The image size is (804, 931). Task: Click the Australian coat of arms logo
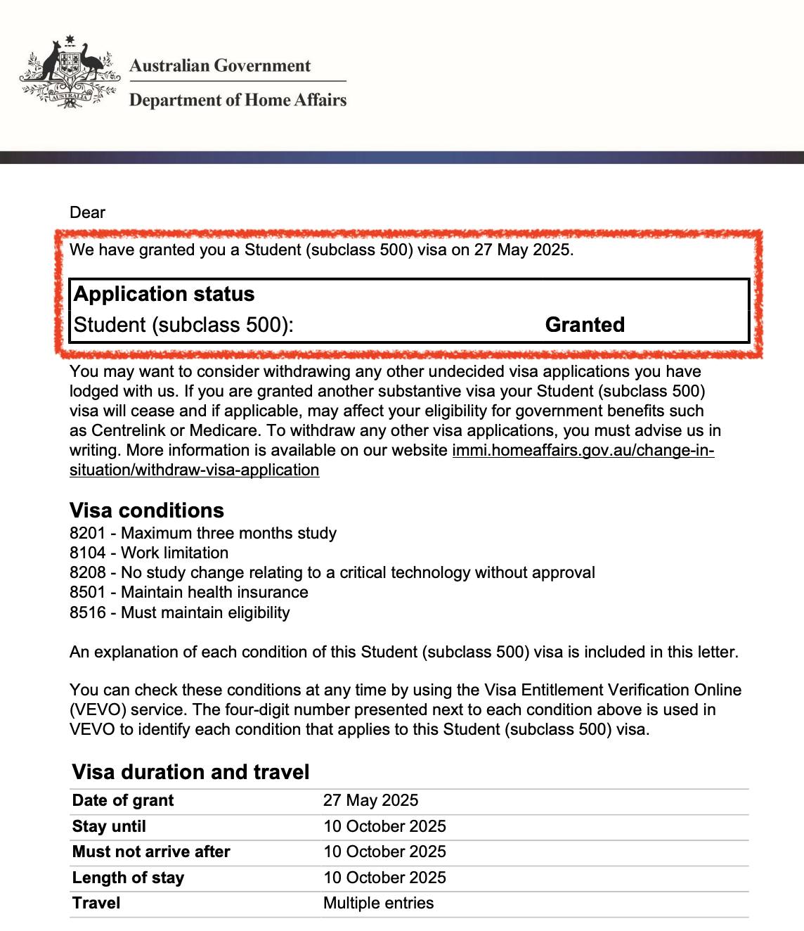click(x=68, y=72)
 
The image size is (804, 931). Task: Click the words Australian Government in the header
click(x=219, y=66)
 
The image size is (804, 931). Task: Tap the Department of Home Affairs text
click(x=238, y=100)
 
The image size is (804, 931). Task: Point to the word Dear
click(x=87, y=212)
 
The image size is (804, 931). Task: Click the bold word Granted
click(x=585, y=325)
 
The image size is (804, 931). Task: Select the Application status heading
click(x=164, y=294)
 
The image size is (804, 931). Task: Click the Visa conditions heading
click(x=146, y=511)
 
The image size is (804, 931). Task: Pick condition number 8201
click(x=87, y=533)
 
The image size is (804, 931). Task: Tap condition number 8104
click(x=87, y=553)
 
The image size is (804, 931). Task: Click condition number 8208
click(x=87, y=572)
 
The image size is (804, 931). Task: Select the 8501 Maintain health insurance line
click(x=188, y=592)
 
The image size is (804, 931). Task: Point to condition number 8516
click(x=87, y=612)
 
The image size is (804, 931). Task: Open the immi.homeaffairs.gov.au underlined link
click(x=583, y=450)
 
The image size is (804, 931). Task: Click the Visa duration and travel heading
click(x=190, y=772)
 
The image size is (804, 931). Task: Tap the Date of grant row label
click(x=123, y=800)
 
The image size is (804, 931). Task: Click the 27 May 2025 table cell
click(x=370, y=800)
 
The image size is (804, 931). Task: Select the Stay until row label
click(x=109, y=826)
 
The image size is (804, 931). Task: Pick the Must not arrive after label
click(x=151, y=852)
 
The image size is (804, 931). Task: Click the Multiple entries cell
click(x=378, y=903)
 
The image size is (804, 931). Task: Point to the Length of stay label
click(x=128, y=878)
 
